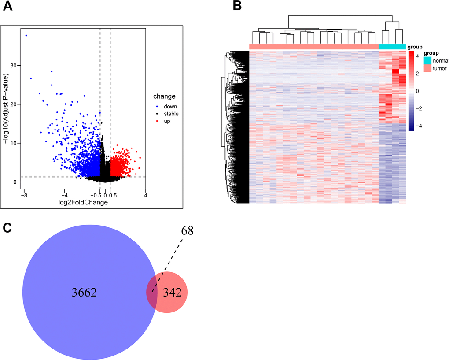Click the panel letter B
237,7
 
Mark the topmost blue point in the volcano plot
26,35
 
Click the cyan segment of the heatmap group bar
392,47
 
